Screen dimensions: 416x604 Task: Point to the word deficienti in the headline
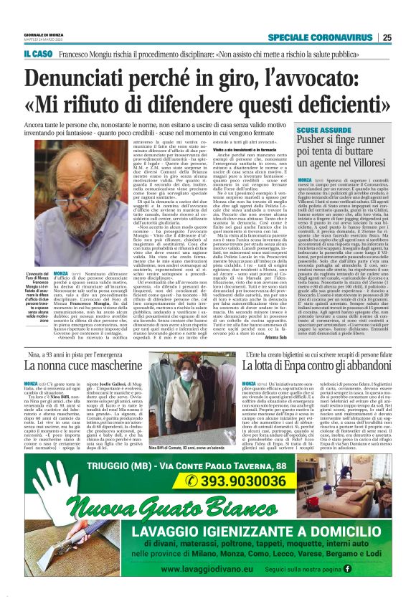click(x=309, y=104)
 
